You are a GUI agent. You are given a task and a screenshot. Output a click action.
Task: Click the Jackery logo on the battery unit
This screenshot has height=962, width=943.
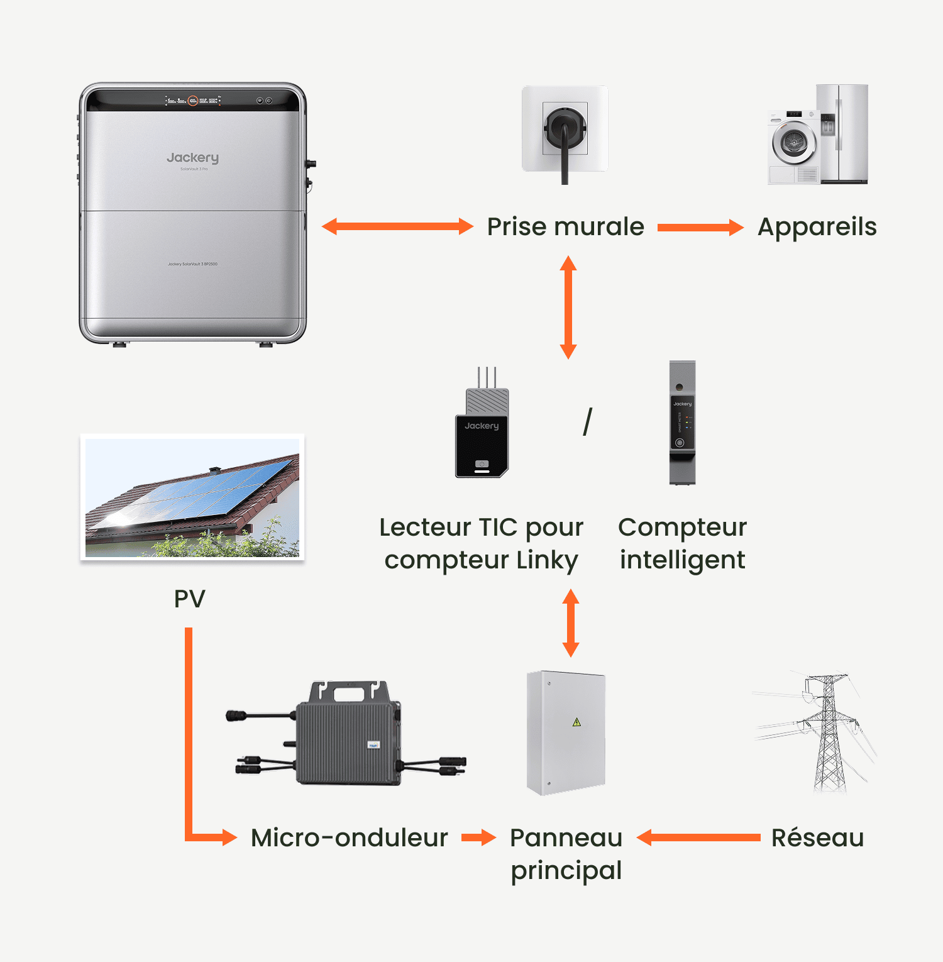click(x=192, y=158)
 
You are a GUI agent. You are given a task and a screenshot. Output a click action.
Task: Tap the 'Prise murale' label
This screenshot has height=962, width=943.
click(x=565, y=227)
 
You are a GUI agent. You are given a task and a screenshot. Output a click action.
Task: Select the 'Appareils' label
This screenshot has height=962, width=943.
click(x=817, y=227)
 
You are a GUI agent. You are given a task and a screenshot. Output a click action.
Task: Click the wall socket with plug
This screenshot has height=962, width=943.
click(x=565, y=129)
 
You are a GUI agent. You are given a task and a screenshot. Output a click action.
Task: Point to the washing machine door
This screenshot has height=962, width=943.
click(x=793, y=142)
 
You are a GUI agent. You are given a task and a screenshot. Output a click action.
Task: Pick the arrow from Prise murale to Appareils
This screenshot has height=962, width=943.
click(x=700, y=228)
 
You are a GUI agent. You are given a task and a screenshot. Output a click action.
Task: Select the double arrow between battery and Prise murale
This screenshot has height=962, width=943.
click(x=397, y=226)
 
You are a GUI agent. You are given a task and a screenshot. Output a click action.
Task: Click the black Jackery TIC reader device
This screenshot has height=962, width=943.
click(x=482, y=434)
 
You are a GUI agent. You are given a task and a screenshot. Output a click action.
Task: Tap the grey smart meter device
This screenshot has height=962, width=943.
click(x=682, y=423)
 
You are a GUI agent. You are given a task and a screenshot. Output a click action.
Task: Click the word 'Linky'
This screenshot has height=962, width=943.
click(x=546, y=560)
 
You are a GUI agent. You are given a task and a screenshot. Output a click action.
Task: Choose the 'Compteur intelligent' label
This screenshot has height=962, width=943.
click(x=682, y=543)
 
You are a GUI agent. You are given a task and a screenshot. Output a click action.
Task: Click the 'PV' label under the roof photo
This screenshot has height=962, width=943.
click(x=189, y=599)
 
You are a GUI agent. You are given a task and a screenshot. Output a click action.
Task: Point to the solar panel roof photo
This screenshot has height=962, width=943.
click(x=192, y=497)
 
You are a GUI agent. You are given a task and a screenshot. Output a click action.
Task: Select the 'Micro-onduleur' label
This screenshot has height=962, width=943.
click(x=349, y=838)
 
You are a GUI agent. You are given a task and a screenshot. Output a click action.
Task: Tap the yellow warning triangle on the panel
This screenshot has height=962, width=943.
click(x=576, y=722)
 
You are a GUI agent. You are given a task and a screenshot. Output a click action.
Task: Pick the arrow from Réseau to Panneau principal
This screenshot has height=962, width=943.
click(x=698, y=838)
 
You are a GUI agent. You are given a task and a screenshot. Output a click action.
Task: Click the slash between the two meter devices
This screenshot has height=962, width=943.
click(x=587, y=422)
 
